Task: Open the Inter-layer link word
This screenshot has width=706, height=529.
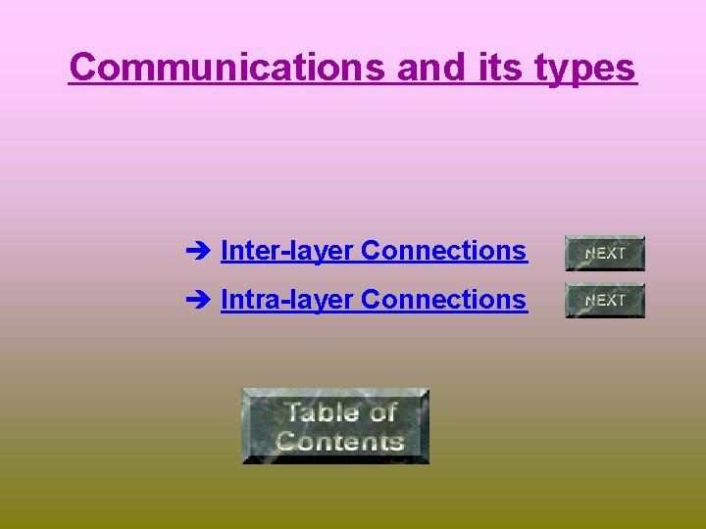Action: click(287, 252)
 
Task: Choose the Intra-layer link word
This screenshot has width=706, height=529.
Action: click(287, 300)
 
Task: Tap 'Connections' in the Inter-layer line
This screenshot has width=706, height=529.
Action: click(444, 251)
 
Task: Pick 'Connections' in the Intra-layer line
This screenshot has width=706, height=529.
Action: click(444, 299)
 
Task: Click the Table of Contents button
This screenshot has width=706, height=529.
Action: click(335, 425)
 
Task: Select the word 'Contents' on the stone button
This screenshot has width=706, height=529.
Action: click(339, 440)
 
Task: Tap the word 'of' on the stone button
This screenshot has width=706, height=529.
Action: click(382, 411)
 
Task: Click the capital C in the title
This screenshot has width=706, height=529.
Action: click(82, 68)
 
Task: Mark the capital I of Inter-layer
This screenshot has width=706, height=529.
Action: click(225, 251)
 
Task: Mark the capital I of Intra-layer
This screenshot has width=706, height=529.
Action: click(225, 299)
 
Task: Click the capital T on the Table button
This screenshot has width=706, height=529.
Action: click(291, 411)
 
